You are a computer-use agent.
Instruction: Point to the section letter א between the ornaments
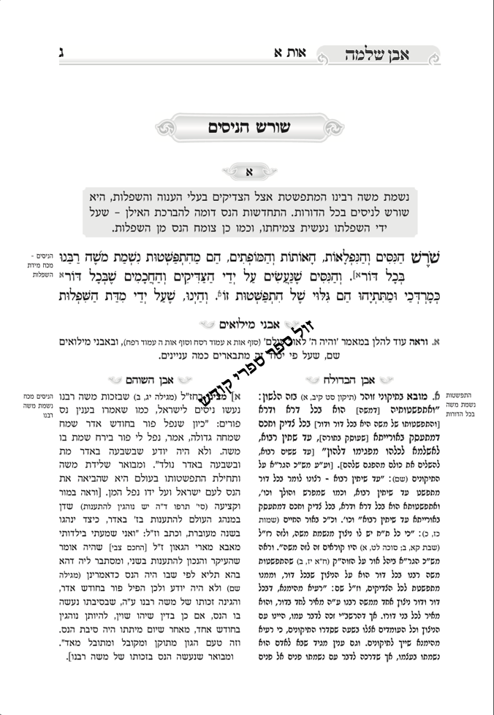(247, 172)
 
